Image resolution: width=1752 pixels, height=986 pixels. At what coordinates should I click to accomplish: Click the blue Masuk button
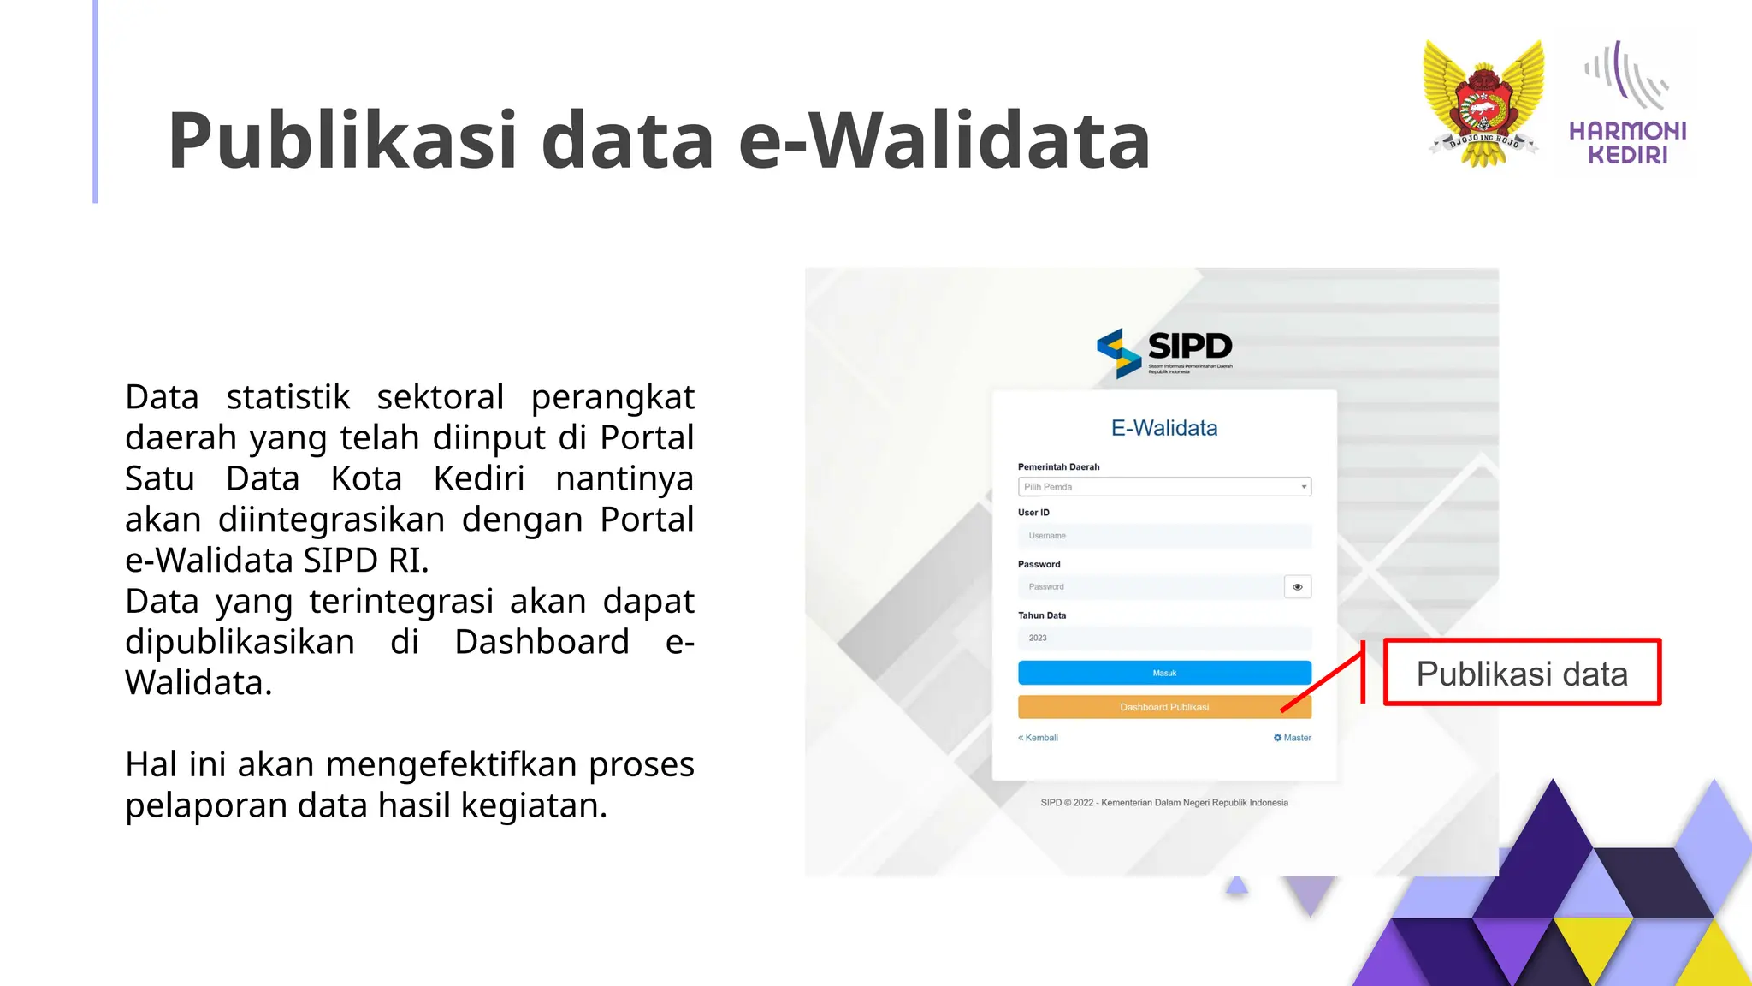(1163, 673)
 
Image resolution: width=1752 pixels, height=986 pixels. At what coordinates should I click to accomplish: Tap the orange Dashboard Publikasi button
(1163, 707)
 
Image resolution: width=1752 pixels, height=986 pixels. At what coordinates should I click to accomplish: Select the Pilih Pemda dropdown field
(1163, 487)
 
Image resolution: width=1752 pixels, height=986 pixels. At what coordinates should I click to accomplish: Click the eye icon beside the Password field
(1297, 587)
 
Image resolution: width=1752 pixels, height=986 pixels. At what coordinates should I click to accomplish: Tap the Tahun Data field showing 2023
(1163, 639)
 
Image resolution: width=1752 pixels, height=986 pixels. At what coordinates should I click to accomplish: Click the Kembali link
(1039, 738)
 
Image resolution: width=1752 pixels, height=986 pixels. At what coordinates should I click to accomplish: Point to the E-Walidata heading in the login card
(1163, 428)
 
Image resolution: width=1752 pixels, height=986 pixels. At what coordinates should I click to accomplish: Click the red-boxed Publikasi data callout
(1521, 674)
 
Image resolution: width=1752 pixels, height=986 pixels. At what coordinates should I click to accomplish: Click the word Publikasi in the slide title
(342, 141)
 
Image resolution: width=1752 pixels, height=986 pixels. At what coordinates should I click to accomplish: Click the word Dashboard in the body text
(542, 642)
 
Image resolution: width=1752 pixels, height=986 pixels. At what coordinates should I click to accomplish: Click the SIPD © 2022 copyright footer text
(1163, 803)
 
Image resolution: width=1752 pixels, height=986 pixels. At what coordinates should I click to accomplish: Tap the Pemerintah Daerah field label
(1058, 467)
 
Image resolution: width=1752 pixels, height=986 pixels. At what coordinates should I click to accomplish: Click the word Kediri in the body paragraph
(479, 478)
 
